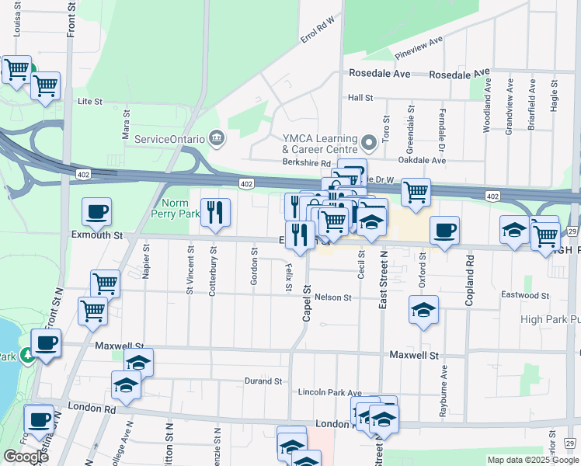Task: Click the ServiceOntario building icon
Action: click(x=217, y=139)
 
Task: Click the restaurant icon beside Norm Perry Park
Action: click(x=215, y=212)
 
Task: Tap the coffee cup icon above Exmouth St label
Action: click(x=97, y=211)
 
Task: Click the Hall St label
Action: click(x=361, y=98)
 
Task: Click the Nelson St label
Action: click(x=333, y=297)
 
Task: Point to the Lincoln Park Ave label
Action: click(x=330, y=393)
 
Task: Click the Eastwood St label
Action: click(x=524, y=296)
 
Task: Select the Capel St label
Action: click(x=307, y=304)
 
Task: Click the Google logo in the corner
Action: click(x=26, y=457)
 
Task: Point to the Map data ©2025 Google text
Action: click(x=532, y=460)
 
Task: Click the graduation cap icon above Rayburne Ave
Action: click(x=423, y=310)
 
